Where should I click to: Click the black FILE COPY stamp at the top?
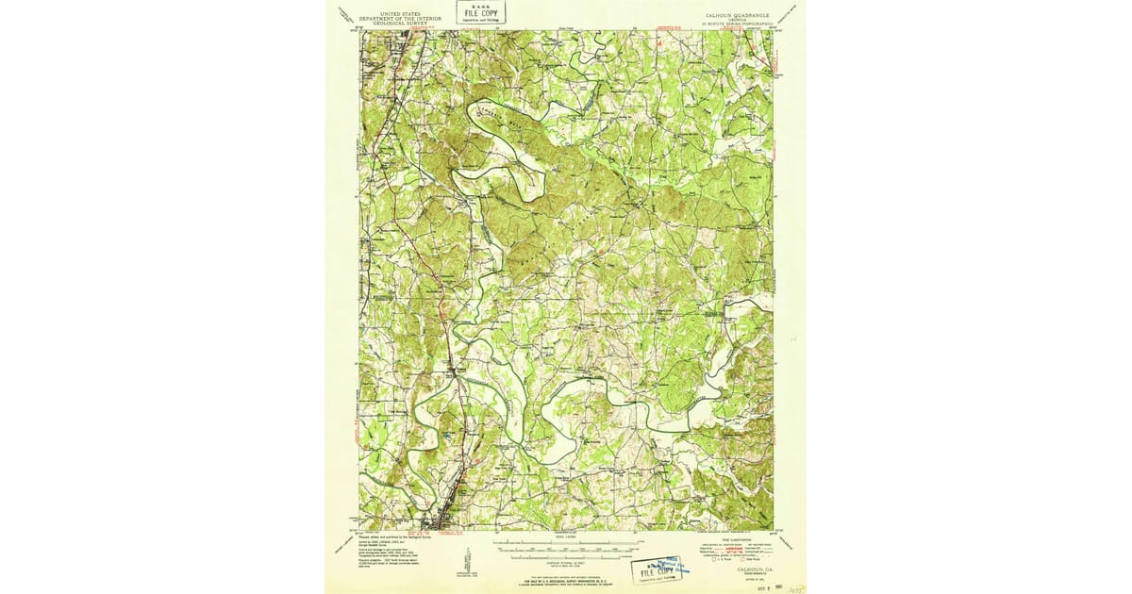(x=481, y=12)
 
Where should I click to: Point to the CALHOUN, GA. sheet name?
(x=752, y=570)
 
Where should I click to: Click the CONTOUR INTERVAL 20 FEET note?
(x=566, y=560)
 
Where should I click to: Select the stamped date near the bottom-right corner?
(x=763, y=586)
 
